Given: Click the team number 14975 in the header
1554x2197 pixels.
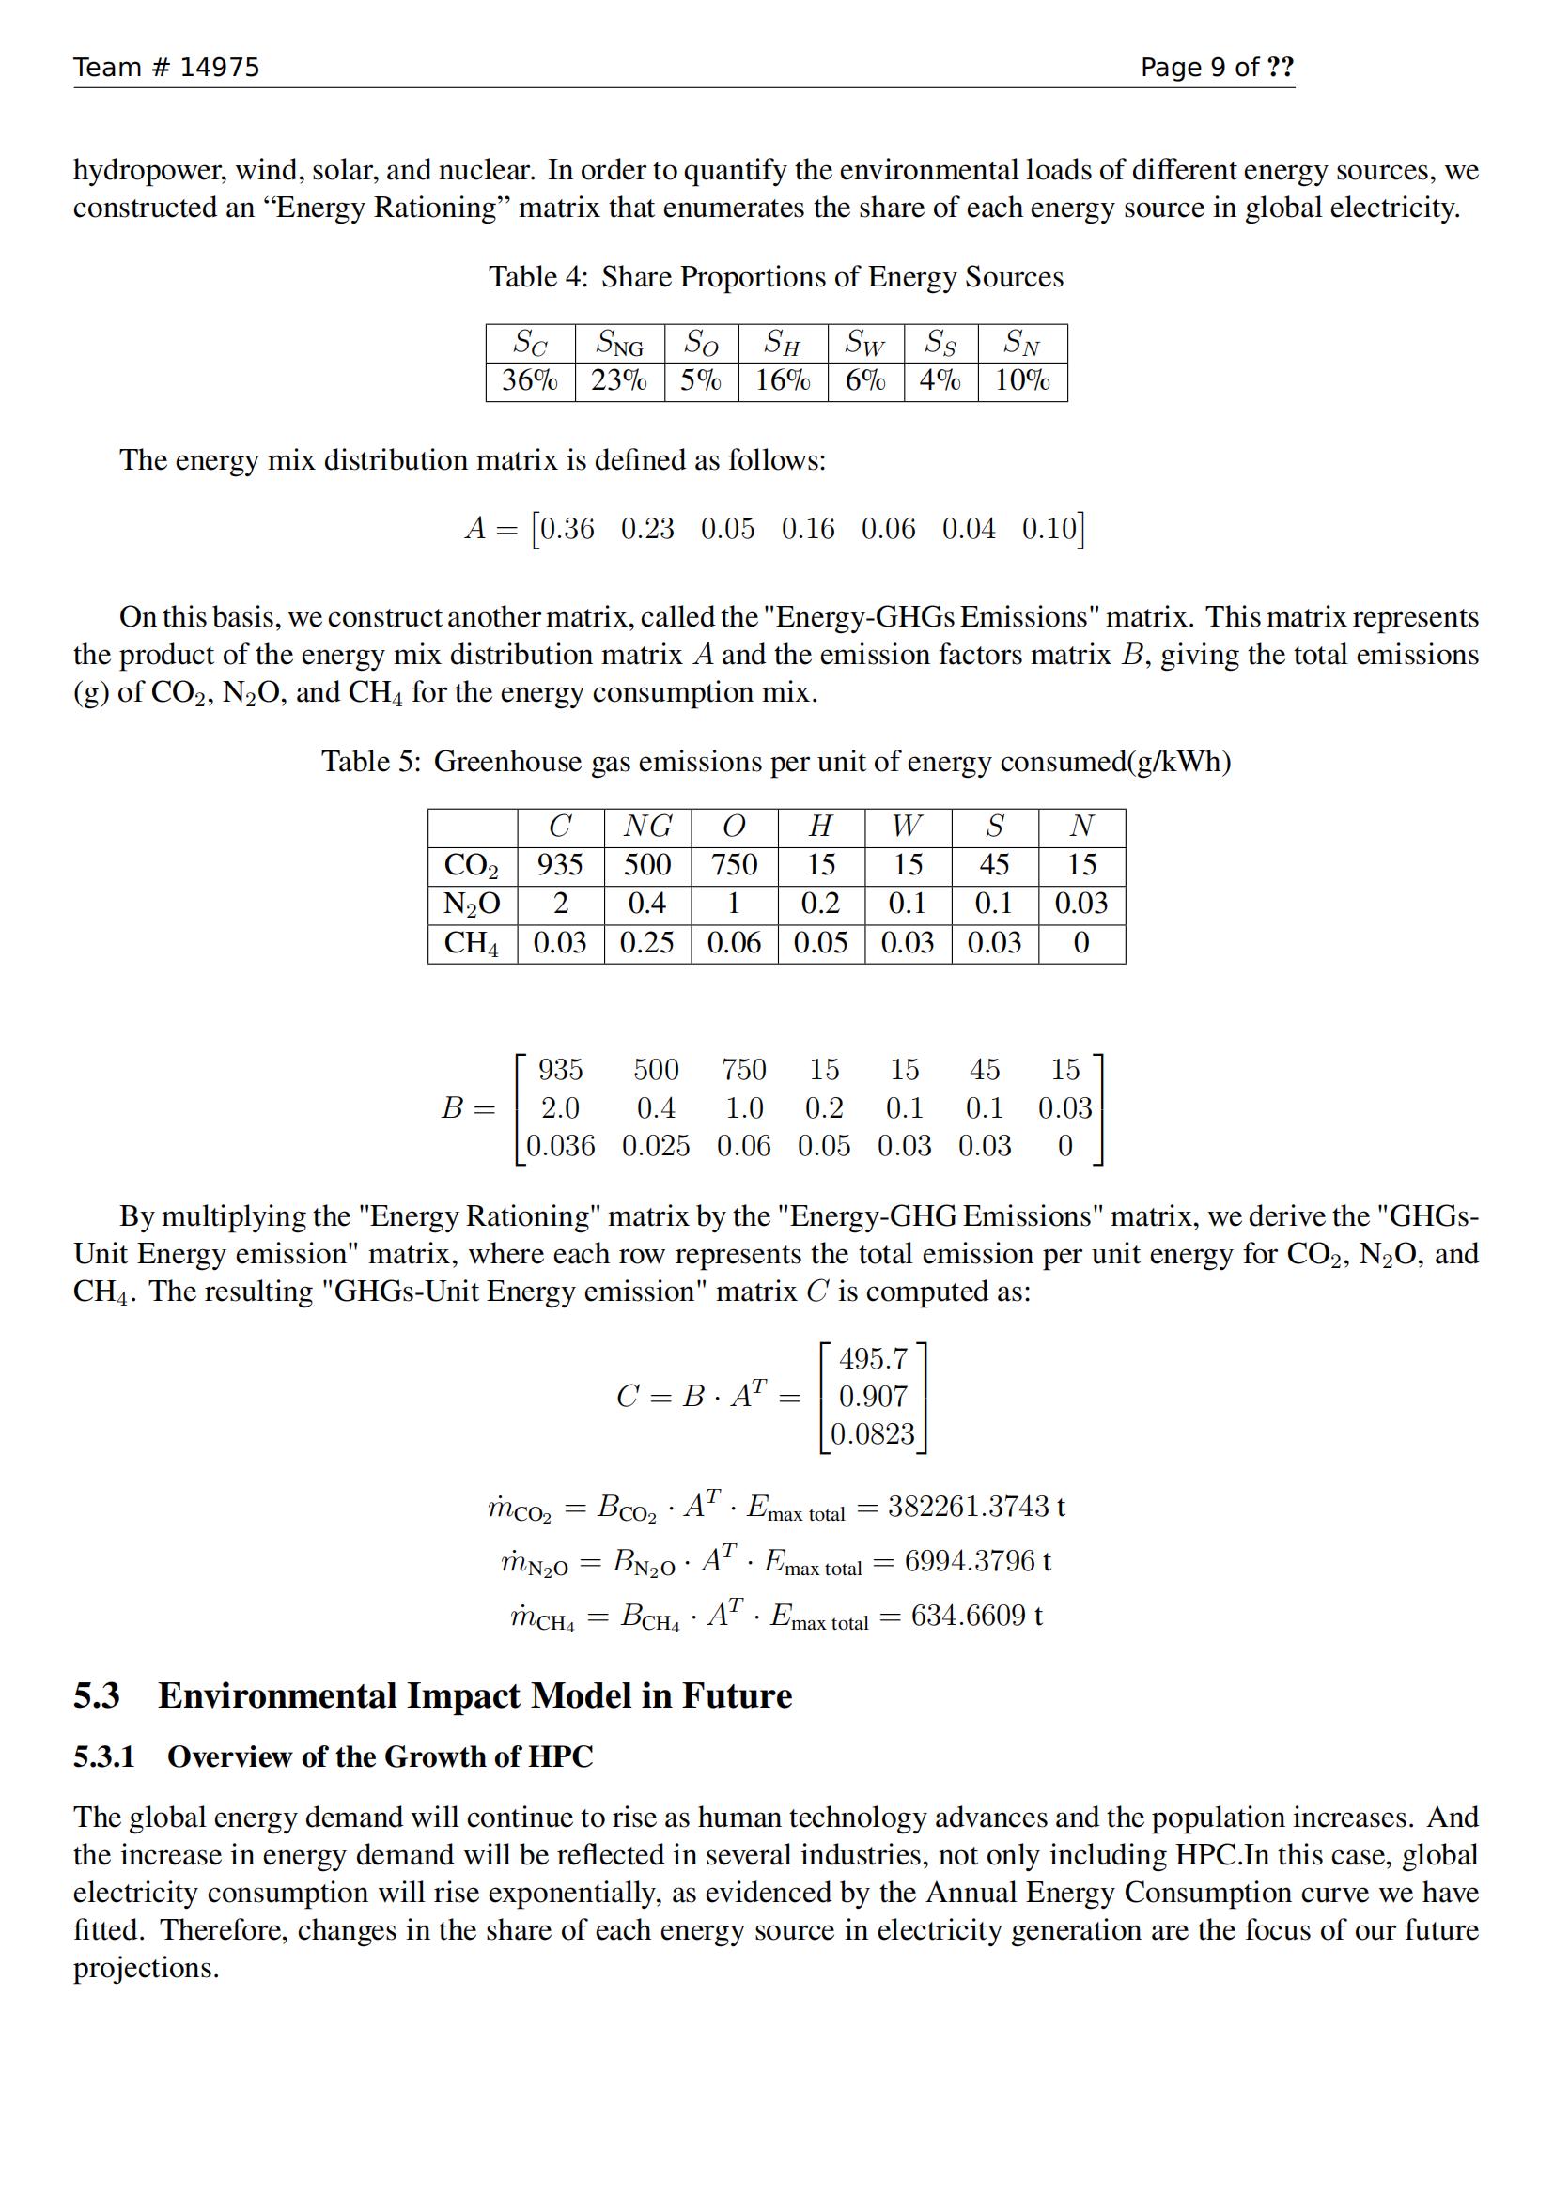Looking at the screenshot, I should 219,67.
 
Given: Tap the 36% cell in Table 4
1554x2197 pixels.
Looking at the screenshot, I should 529,380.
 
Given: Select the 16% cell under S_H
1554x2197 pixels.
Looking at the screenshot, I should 783,380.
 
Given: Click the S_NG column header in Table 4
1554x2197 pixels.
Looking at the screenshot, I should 619,343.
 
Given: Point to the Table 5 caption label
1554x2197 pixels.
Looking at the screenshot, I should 370,762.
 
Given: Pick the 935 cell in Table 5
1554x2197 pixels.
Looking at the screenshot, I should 560,865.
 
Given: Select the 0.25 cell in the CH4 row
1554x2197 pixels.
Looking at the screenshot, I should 646,943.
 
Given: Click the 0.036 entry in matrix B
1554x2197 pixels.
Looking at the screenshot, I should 560,1145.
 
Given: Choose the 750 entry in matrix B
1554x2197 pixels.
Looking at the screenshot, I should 743,1069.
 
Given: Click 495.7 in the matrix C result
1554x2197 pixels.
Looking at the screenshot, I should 873,1359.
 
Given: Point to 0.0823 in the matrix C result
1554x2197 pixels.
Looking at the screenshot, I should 873,1433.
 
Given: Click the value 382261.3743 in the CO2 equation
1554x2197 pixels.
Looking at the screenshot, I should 969,1506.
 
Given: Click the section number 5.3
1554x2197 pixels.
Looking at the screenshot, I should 97,1695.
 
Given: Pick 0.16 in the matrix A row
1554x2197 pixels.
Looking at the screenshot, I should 808,528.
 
